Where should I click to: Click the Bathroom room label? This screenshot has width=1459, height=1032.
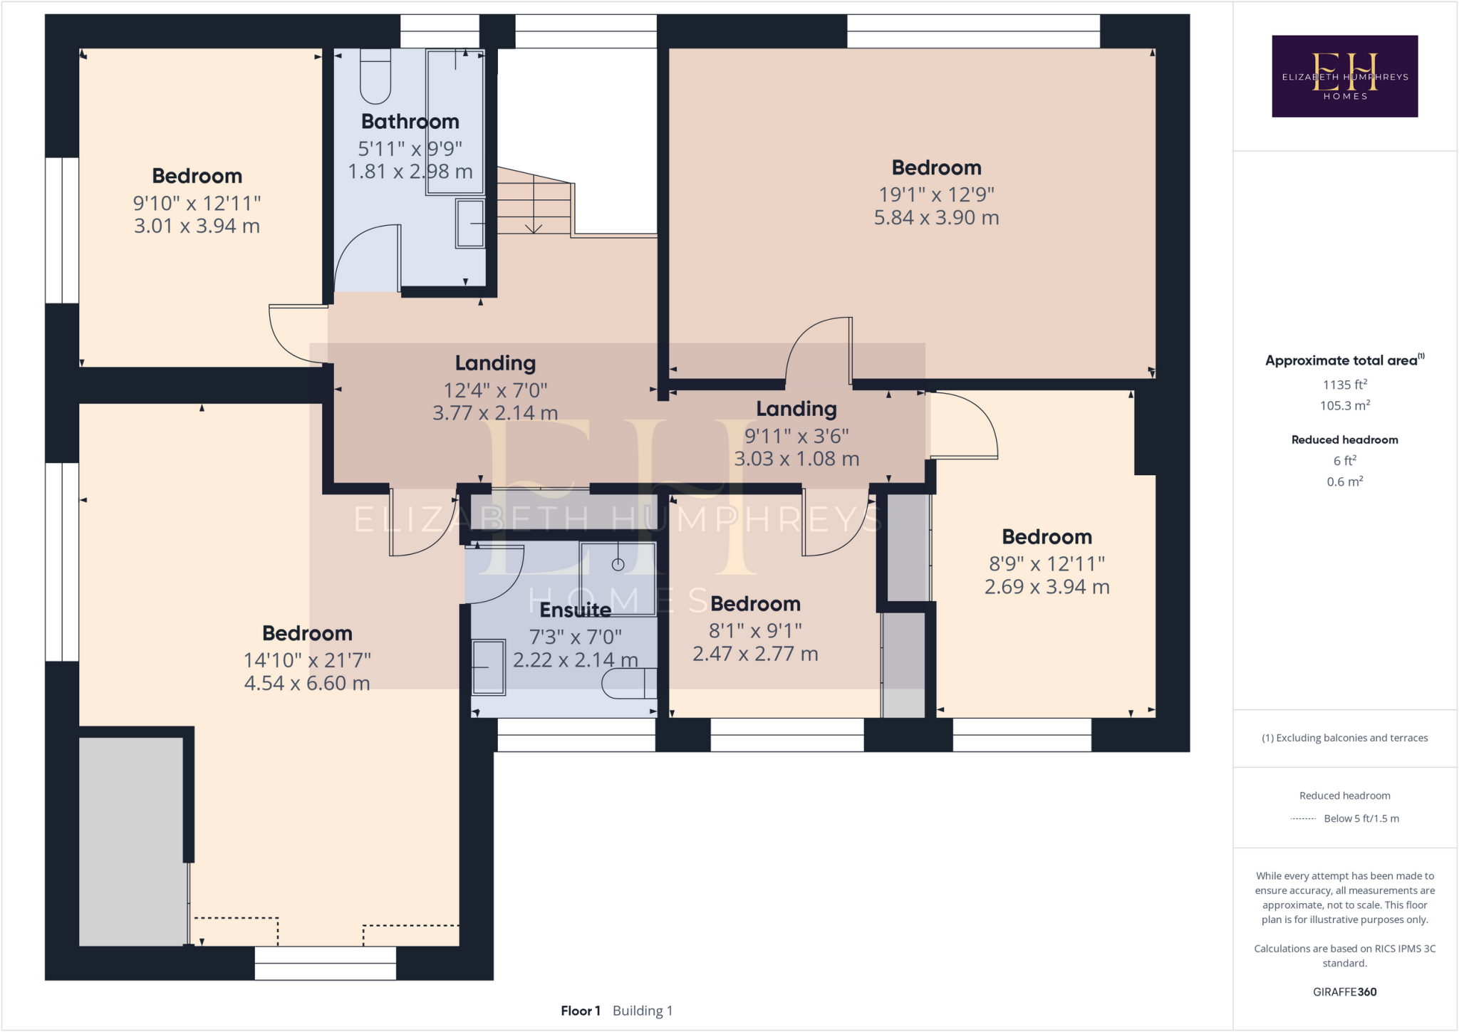click(x=410, y=122)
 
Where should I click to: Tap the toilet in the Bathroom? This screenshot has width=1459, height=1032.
click(x=375, y=78)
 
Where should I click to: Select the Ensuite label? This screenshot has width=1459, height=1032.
click(x=575, y=610)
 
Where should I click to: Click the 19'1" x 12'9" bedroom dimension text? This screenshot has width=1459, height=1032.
click(x=936, y=194)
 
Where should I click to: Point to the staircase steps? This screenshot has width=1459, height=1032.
click(x=533, y=203)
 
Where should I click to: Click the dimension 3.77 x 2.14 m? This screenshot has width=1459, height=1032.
click(x=495, y=413)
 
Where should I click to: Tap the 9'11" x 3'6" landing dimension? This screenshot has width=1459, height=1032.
click(x=796, y=436)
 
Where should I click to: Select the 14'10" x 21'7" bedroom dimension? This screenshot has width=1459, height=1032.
click(x=307, y=660)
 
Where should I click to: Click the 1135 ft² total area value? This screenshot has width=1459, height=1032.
click(x=1344, y=385)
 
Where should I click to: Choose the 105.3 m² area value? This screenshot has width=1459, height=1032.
click(x=1344, y=405)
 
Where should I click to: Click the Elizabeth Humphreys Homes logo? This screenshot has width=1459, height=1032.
click(x=1344, y=76)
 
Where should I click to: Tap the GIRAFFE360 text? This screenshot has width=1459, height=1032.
click(x=1344, y=991)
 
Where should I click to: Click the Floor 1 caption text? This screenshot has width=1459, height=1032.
click(x=581, y=1011)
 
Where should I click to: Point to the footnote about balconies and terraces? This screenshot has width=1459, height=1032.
click(x=1344, y=738)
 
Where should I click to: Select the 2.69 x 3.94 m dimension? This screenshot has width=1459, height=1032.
click(x=1047, y=587)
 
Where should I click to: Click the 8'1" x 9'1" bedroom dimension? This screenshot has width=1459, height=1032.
click(x=755, y=631)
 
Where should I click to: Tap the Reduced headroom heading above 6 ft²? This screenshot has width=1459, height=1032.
click(x=1344, y=439)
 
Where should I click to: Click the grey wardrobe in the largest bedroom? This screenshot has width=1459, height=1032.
click(x=131, y=840)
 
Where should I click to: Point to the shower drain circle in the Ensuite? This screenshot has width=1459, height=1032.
click(x=618, y=565)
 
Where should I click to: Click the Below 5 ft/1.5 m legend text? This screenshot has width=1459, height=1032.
click(x=1361, y=818)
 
